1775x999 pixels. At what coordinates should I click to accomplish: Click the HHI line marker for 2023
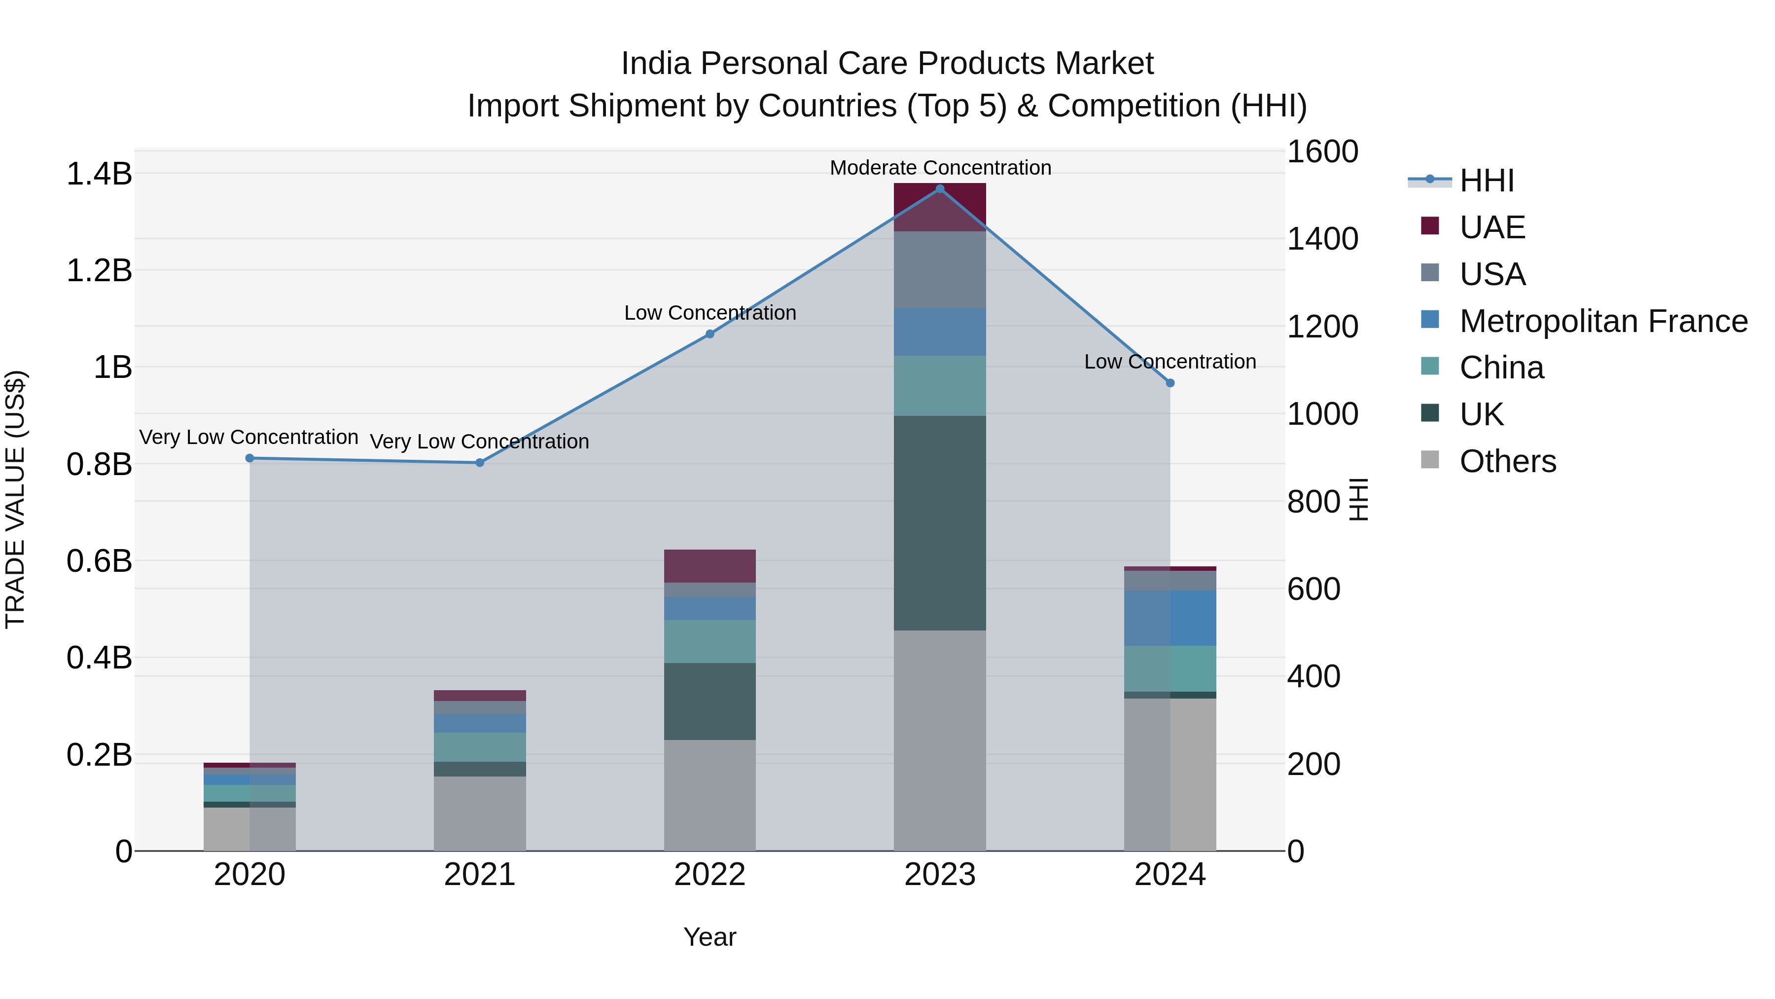click(939, 189)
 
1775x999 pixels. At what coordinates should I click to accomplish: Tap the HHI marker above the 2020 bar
click(249, 458)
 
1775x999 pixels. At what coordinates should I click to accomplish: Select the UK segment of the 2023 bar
click(939, 522)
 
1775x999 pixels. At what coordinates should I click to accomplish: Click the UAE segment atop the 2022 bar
click(710, 566)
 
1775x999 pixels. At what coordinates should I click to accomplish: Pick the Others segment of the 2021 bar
click(480, 813)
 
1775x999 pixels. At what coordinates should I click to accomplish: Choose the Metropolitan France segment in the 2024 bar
click(1170, 618)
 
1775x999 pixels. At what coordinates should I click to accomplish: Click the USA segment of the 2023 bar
click(939, 269)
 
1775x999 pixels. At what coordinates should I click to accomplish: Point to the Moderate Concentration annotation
click(940, 168)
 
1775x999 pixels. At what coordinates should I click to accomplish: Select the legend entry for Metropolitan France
click(1603, 321)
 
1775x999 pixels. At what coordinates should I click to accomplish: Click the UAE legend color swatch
click(1430, 226)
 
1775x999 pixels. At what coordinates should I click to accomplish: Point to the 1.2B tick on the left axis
click(99, 270)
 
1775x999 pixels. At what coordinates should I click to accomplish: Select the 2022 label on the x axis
click(710, 875)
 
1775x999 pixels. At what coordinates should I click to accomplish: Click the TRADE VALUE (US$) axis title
click(15, 499)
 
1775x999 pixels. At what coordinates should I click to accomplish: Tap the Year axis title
click(710, 937)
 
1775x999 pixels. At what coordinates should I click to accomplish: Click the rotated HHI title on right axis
click(1357, 499)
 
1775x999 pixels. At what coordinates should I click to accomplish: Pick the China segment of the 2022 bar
click(710, 641)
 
